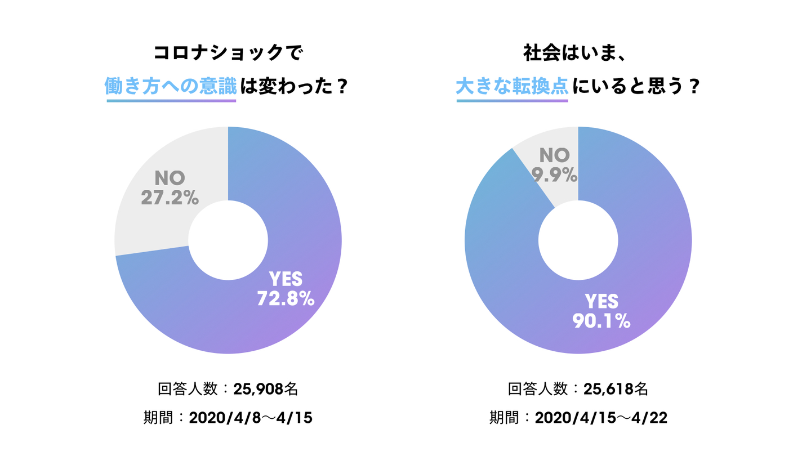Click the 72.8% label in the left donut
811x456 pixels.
285,298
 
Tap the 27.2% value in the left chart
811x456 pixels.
170,198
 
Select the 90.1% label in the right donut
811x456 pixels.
601,321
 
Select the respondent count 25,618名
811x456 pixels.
616,389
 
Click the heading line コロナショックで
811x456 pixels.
228,54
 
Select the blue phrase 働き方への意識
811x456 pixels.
171,87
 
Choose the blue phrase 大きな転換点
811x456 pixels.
512,87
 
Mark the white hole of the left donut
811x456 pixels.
228,240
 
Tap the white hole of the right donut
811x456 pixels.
578,240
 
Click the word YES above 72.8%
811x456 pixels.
286,279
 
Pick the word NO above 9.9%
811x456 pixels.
555,155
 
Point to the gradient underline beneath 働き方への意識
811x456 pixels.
171,101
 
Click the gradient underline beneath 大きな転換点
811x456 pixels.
512,101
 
